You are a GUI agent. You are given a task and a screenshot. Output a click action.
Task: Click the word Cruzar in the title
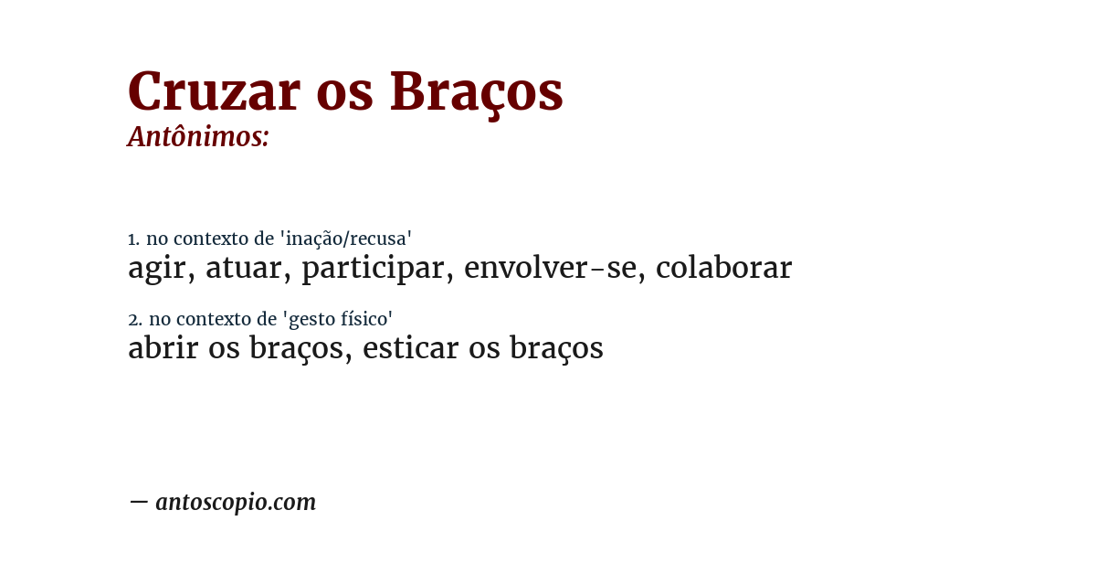214,91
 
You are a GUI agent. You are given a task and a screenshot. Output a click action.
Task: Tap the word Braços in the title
476,93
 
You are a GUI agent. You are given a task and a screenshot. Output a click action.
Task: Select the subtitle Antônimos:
198,137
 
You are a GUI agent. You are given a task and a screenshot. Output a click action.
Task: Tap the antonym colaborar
723,268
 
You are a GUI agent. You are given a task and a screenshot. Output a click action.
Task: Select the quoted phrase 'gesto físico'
337,320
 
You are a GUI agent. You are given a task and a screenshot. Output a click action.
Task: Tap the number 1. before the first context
133,239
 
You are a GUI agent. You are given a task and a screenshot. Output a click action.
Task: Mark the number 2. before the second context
135,320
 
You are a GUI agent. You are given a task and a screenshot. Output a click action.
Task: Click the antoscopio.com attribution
236,502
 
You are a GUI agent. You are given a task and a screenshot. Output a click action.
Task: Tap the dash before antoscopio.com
138,502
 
